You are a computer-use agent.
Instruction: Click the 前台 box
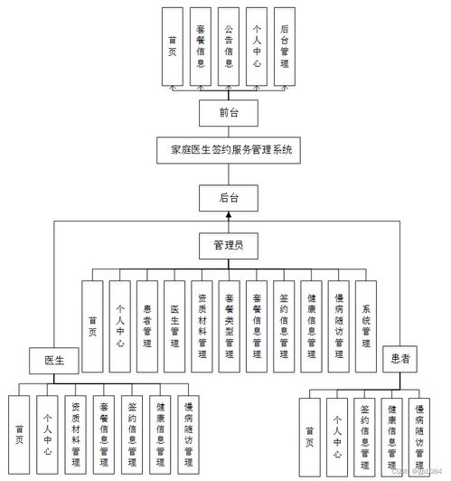[x=228, y=112]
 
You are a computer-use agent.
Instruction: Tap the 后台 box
[x=228, y=197]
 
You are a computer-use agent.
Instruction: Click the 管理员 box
[x=228, y=244]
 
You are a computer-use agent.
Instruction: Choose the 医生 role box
[x=53, y=360]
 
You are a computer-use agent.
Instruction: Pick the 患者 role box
[x=399, y=359]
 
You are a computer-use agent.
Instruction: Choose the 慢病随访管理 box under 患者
[x=419, y=435]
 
